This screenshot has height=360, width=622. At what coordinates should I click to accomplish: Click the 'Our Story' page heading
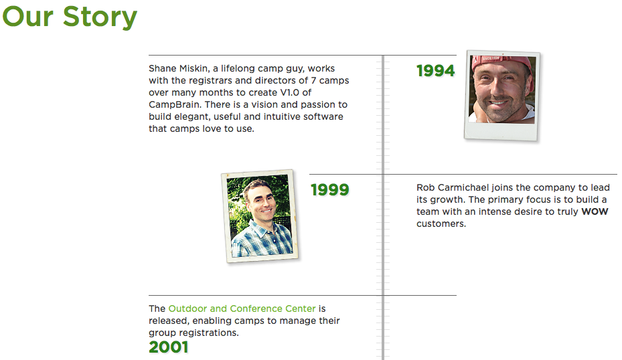click(x=70, y=17)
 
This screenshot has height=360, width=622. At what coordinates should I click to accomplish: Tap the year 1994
click(x=436, y=71)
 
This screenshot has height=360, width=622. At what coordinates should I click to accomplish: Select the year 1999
click(x=329, y=190)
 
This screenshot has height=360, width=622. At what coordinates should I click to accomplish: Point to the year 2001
click(x=168, y=347)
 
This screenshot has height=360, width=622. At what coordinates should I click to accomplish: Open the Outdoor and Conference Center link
click(x=242, y=308)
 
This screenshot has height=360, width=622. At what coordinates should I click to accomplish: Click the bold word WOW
click(x=595, y=211)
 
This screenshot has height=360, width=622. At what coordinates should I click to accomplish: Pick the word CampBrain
click(x=174, y=104)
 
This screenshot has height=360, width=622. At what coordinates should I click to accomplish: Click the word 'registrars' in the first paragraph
click(x=210, y=80)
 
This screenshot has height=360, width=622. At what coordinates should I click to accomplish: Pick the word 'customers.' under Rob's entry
click(x=441, y=223)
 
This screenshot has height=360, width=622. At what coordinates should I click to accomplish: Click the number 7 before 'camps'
click(x=313, y=80)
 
